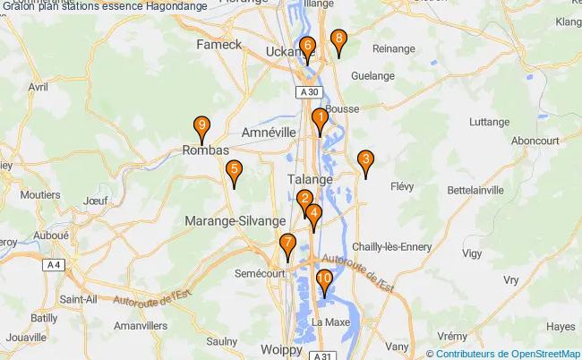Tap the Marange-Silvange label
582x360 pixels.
[235, 220]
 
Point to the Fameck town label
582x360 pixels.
[220, 43]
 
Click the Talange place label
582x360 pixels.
[310, 179]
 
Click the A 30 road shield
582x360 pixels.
[309, 92]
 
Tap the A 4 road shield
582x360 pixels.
[55, 265]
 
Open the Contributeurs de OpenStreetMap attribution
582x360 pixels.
[508, 353]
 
